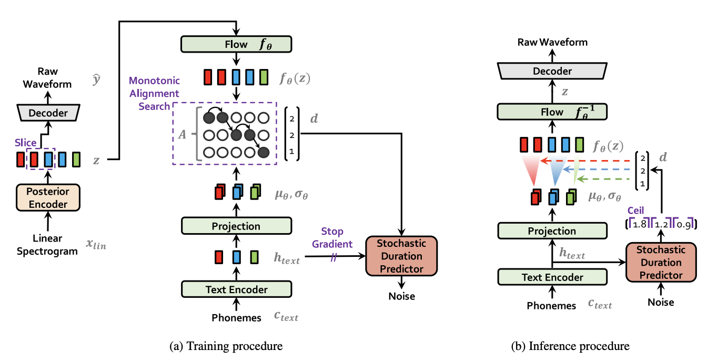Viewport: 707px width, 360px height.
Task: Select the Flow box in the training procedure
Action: click(236, 44)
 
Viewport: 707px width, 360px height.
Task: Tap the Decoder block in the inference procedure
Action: click(552, 71)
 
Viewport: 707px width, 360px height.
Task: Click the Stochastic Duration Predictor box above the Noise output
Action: click(401, 256)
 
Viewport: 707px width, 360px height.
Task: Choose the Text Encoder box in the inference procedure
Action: click(552, 277)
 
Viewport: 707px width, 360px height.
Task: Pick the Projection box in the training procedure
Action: click(236, 226)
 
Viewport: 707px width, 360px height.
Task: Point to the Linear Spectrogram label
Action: click(47, 245)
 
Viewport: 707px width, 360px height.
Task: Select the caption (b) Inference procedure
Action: click(570, 346)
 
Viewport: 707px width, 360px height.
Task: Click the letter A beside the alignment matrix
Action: click(182, 134)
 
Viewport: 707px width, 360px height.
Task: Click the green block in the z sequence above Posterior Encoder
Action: click(76, 159)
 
